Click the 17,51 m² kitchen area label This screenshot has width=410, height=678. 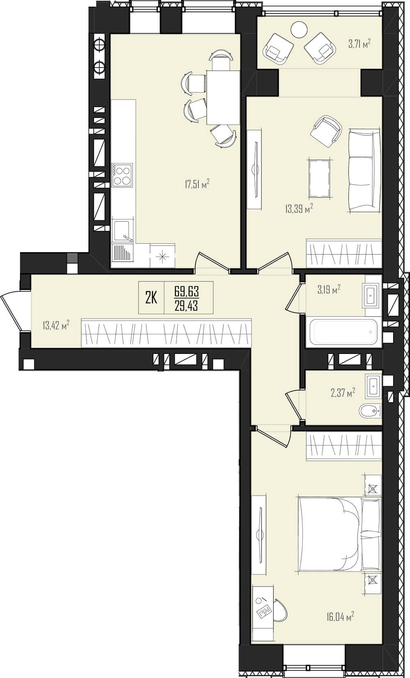[x=197, y=184]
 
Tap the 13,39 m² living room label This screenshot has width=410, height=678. [x=299, y=208]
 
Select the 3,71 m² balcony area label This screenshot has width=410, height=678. [x=360, y=44]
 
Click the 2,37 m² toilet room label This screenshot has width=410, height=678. [x=342, y=393]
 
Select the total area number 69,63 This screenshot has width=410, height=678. [x=187, y=292]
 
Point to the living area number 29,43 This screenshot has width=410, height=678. [x=187, y=306]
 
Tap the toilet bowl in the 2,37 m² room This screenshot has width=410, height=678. [x=370, y=411]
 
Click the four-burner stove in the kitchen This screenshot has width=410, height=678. [x=122, y=175]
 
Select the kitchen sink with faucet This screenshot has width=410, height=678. [x=123, y=231]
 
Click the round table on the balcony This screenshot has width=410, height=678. [x=299, y=30]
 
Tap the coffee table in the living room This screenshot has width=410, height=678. [x=319, y=178]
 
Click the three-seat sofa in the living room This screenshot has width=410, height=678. [x=364, y=170]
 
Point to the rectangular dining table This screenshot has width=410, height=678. [x=223, y=97]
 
